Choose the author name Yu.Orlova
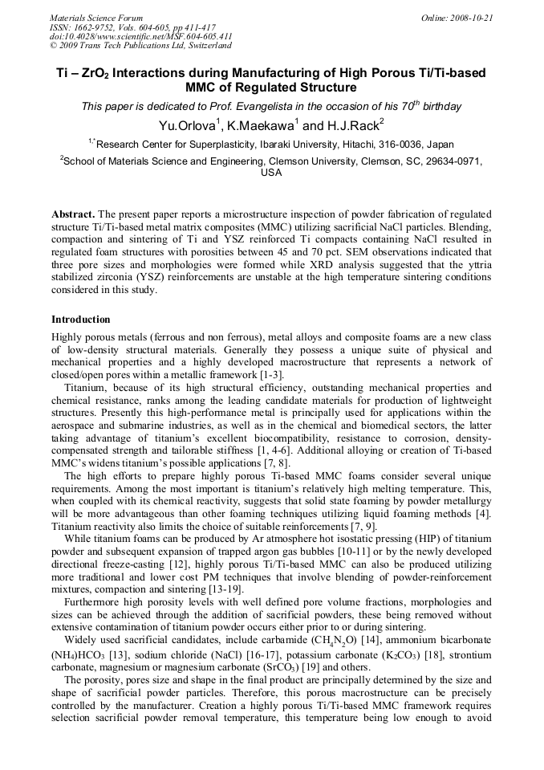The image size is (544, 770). (x=191, y=125)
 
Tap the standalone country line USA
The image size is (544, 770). (x=272, y=173)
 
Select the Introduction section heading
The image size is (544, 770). (x=81, y=320)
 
